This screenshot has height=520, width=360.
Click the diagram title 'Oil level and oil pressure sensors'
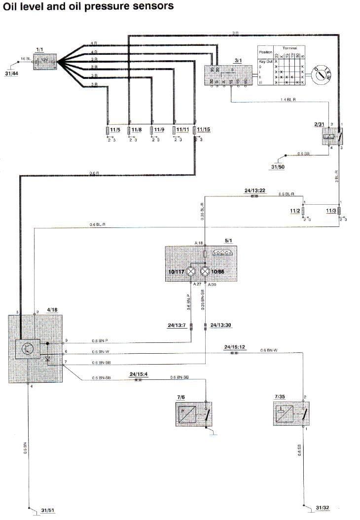point(88,6)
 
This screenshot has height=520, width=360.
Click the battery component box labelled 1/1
point(44,63)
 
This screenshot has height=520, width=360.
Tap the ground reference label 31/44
point(11,74)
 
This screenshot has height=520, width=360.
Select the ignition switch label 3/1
point(238,60)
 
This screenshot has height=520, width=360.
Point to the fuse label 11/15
point(204,130)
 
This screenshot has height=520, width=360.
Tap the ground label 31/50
point(278,167)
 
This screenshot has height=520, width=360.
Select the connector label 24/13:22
point(255,190)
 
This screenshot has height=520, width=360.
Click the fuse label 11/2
point(295,211)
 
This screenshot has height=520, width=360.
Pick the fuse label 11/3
point(331,211)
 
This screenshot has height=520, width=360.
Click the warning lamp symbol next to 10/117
point(191,271)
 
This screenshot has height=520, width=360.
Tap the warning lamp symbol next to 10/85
point(205,271)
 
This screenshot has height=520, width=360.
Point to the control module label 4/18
point(52,310)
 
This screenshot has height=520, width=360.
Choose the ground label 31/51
point(48,510)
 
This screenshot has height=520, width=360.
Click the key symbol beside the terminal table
point(324,75)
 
